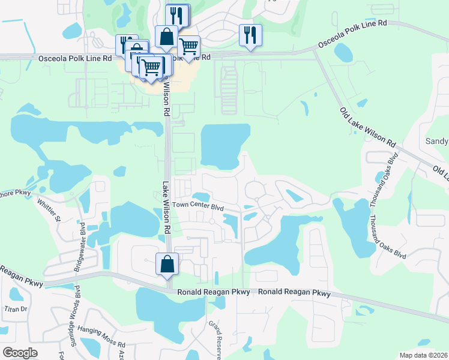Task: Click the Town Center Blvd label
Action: coord(198,205)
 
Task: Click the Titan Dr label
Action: coord(16,309)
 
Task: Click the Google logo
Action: coord(20,353)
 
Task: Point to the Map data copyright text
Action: coord(423,355)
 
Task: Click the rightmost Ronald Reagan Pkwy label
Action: coord(295,293)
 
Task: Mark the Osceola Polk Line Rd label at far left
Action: coord(74,58)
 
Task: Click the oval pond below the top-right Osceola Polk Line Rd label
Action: coord(345,53)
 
